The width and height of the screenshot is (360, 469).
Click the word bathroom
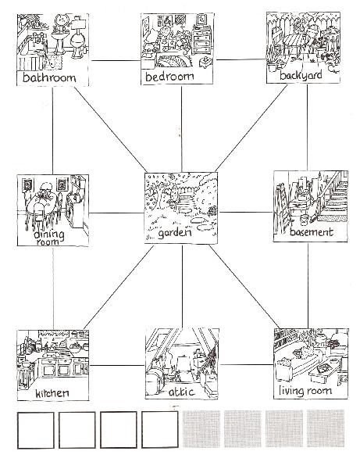click(x=49, y=77)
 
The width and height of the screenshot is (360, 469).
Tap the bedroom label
click(x=169, y=77)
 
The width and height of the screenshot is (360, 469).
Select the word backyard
click(x=301, y=75)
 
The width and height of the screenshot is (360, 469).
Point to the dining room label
click(x=48, y=238)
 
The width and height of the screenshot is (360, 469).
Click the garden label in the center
click(x=175, y=233)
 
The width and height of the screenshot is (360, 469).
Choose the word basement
click(x=312, y=232)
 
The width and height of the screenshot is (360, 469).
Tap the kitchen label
click(x=52, y=393)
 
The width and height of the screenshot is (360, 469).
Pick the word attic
click(x=182, y=392)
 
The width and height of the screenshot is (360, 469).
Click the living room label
click(x=305, y=391)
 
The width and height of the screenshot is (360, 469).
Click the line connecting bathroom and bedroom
click(x=116, y=60)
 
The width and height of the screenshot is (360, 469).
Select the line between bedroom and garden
click(x=181, y=129)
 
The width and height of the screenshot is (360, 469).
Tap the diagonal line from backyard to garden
click(x=251, y=128)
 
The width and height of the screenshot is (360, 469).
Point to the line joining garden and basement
click(x=246, y=213)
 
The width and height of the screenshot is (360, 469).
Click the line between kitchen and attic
click(x=117, y=365)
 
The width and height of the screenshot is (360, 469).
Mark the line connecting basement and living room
click(x=308, y=285)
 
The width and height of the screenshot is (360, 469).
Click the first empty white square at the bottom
click(x=36, y=430)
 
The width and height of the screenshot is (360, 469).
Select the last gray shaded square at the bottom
click(x=326, y=428)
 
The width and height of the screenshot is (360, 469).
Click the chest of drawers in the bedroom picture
click(x=202, y=41)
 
